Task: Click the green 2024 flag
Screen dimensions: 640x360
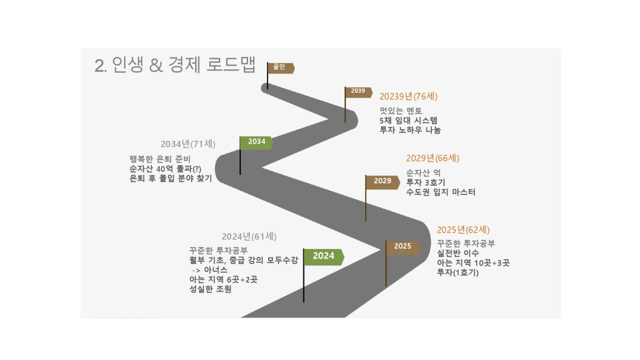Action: [324, 257]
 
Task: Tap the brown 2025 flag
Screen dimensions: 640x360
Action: [402, 247]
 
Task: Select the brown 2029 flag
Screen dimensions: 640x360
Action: [382, 182]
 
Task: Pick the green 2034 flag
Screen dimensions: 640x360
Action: [257, 142]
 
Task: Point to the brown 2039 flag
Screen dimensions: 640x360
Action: [358, 92]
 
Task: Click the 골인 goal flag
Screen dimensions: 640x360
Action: [280, 68]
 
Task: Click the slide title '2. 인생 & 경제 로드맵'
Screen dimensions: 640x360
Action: [175, 64]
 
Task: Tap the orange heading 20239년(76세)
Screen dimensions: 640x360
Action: [408, 97]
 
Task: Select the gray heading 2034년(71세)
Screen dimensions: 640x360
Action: [188, 144]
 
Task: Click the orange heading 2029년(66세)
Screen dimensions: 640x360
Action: [433, 158]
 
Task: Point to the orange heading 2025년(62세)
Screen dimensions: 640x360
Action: [463, 229]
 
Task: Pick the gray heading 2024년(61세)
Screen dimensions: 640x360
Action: [249, 236]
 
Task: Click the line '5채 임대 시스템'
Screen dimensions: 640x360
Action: [409, 120]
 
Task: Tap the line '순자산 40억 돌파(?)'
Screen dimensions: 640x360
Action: [165, 169]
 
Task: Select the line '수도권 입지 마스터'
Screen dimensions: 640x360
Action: [441, 192]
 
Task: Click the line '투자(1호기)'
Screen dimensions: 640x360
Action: [457, 273]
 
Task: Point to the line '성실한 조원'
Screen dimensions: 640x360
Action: [211, 289]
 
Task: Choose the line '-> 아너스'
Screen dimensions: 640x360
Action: [210, 270]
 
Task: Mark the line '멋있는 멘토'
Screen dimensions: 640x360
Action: [401, 110]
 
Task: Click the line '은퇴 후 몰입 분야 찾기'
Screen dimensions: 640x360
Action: [170, 178]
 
